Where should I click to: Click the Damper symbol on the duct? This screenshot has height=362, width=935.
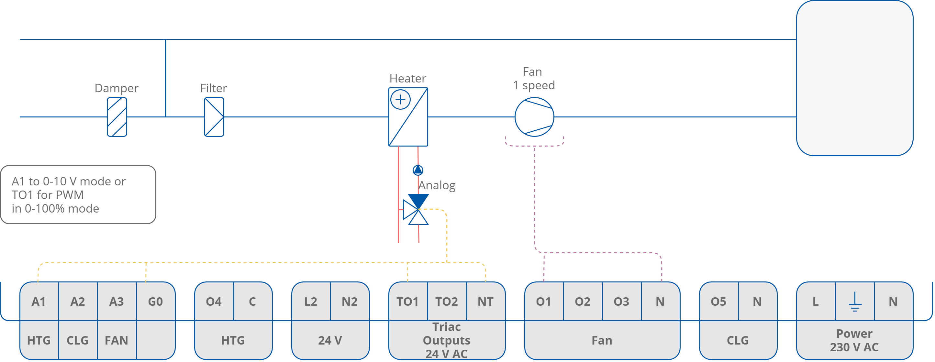pos(117,117)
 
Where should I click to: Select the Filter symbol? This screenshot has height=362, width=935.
pos(214,117)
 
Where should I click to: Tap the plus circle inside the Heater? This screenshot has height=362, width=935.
pos(400,99)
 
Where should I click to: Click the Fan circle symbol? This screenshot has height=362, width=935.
pos(534,117)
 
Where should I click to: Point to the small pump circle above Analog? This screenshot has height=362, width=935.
pos(418,170)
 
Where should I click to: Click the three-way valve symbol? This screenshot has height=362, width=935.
pos(416,210)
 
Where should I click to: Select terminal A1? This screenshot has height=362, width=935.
pos(39,302)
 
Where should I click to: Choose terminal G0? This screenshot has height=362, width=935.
pos(155,302)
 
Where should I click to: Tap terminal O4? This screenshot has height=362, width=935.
pos(214,302)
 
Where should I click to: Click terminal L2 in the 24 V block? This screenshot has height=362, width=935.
pos(311,302)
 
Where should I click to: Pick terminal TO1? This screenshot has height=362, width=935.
pos(407,302)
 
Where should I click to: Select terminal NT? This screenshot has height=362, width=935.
pos(485,302)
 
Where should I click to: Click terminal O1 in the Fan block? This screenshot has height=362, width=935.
pos(543,302)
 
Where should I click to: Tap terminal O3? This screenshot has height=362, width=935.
pos(621,302)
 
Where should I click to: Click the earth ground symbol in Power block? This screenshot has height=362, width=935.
pos(855,302)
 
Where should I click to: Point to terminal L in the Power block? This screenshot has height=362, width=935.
pos(816,302)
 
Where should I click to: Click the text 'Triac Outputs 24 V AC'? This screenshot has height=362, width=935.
pos(446,340)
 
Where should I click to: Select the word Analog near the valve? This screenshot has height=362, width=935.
pos(437,185)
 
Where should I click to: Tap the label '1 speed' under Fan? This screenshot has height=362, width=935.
pos(534,85)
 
